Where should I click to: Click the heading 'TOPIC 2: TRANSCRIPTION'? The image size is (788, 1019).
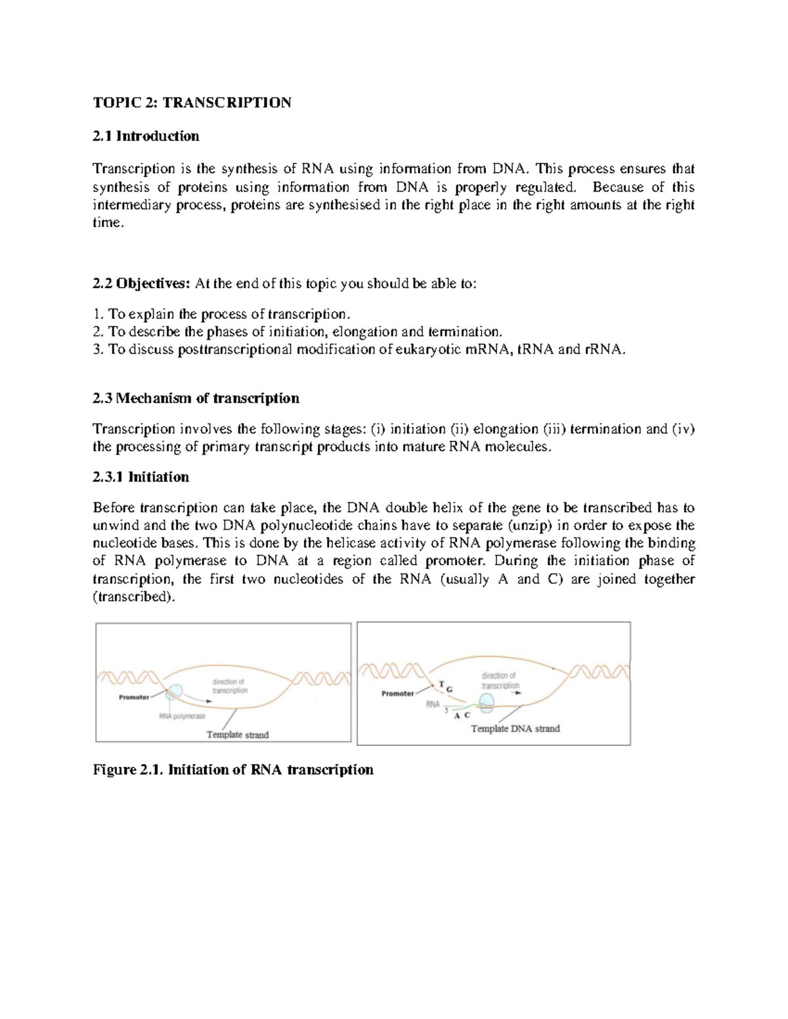click(192, 103)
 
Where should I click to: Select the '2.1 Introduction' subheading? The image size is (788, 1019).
click(146, 136)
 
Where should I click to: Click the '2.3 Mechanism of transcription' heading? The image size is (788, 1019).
click(196, 398)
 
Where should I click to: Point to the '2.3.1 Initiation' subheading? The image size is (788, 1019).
click(141, 477)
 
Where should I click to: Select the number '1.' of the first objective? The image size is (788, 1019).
click(98, 314)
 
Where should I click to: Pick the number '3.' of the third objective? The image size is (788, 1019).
click(98, 350)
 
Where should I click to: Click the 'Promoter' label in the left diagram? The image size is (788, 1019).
click(134, 697)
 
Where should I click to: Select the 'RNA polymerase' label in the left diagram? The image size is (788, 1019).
click(182, 717)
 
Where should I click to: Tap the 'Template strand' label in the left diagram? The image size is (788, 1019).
click(238, 735)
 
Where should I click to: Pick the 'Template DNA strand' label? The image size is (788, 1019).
click(515, 728)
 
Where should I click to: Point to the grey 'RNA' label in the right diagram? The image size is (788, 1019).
click(433, 704)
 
